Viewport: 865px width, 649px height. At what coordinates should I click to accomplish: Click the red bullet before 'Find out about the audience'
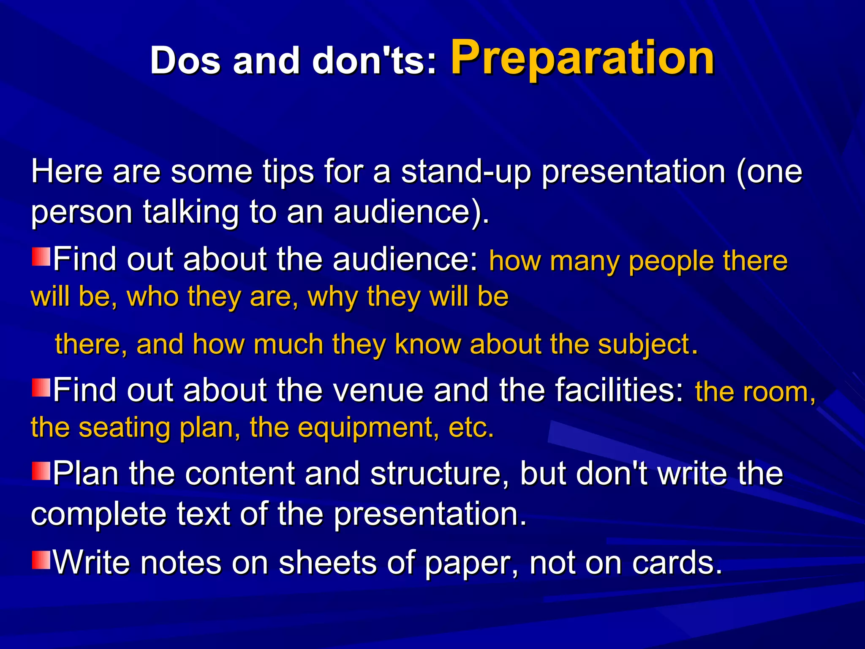(x=41, y=257)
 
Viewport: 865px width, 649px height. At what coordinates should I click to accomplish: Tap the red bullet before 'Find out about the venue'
(x=41, y=387)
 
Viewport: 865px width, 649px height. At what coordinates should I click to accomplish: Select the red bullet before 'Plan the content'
(x=41, y=471)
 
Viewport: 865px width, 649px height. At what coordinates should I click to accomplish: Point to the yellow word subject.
(x=647, y=344)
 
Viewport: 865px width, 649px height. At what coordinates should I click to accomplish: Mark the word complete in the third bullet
(x=99, y=514)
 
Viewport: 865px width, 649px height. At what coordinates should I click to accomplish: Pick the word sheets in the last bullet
(x=327, y=563)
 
